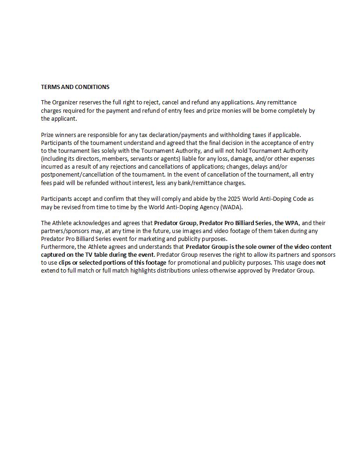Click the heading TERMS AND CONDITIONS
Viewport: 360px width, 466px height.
pyautogui.click(x=75, y=87)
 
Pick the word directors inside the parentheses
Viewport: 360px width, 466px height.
pyautogui.click(x=86, y=159)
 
